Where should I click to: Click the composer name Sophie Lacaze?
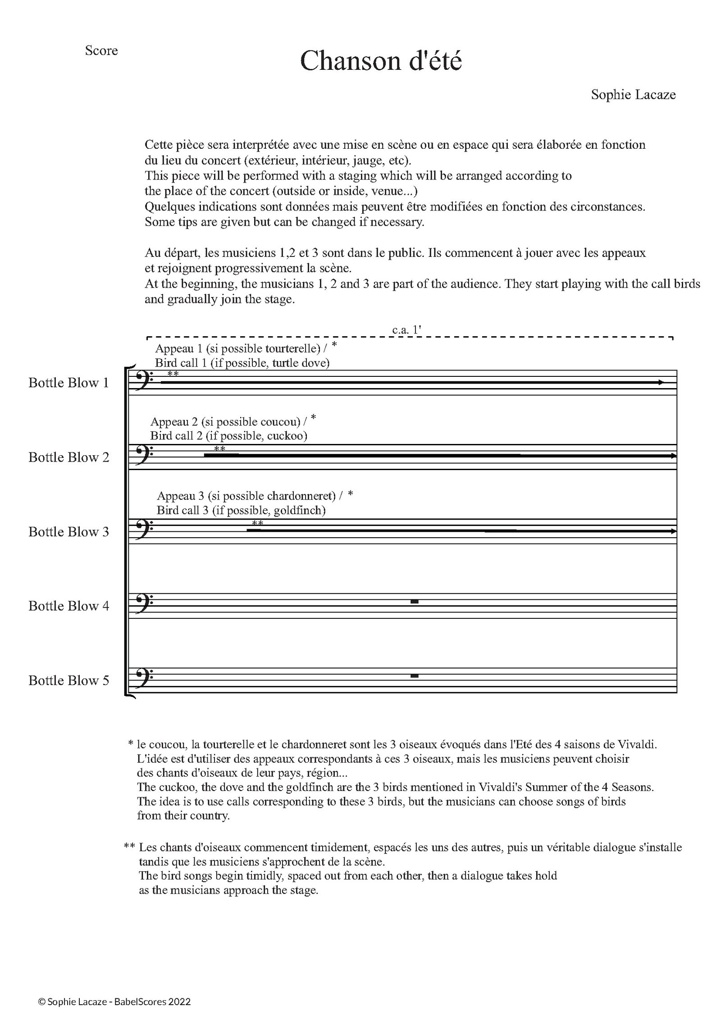click(633, 95)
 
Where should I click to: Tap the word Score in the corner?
click(101, 50)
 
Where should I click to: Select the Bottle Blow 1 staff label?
click(68, 383)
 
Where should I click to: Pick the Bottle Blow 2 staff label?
click(68, 457)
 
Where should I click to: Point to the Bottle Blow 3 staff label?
click(68, 531)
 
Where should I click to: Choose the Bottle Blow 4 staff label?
click(68, 606)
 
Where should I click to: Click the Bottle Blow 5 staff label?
click(68, 680)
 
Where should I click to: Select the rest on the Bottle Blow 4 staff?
click(415, 602)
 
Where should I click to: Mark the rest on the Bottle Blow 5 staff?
click(415, 676)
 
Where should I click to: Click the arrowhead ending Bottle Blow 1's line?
click(661, 383)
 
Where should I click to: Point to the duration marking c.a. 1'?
click(406, 330)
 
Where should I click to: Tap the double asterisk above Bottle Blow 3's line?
click(258, 523)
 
